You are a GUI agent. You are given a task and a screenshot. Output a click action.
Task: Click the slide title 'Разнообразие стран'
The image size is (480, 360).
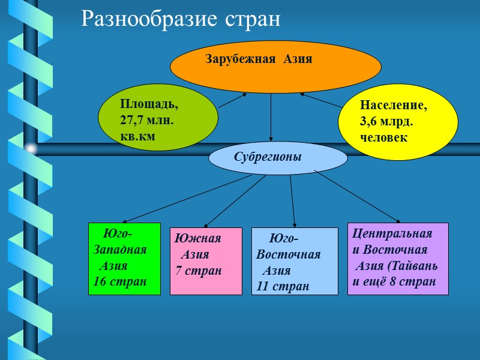tap(181, 19)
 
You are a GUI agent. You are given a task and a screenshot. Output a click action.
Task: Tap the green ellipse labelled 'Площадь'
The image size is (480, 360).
tap(158, 118)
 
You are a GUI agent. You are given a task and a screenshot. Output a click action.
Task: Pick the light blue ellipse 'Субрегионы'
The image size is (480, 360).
tap(278, 158)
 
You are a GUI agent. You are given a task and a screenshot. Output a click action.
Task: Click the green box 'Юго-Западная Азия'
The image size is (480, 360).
tap(124, 259)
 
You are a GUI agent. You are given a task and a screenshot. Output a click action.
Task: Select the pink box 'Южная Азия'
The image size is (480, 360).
tap(206, 261)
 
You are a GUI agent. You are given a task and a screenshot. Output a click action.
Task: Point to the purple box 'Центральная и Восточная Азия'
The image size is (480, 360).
tap(398, 259)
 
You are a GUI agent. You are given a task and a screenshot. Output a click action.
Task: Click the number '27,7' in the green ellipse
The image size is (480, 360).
tap(133, 120)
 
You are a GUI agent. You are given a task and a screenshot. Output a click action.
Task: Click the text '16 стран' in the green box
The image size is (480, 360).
tap(120, 281)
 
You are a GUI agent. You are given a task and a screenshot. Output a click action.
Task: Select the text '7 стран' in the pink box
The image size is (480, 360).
tap(199, 271)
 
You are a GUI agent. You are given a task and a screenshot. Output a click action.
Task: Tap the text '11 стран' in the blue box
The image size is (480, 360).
tap(283, 286)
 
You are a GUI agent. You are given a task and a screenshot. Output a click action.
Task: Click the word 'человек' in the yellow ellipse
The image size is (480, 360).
tap(384, 137)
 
